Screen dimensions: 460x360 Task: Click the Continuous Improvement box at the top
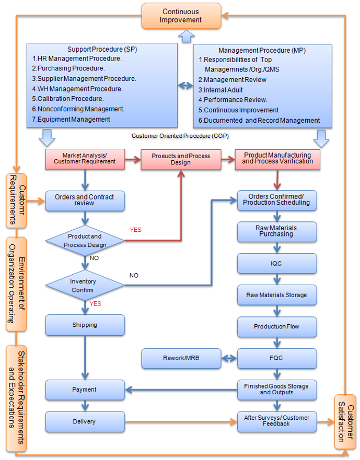[x=181, y=16]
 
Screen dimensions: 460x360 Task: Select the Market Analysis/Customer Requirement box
[x=85, y=159]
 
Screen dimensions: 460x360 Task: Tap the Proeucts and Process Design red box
[x=181, y=159]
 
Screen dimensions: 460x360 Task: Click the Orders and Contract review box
[x=85, y=200]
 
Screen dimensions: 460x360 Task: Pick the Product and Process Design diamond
[x=85, y=241]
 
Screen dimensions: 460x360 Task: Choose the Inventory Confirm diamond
[x=85, y=286]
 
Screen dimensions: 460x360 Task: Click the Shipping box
[x=85, y=325]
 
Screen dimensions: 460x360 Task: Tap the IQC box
[x=276, y=263]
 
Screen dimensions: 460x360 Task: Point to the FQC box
[x=276, y=358]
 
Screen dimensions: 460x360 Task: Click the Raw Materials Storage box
[x=276, y=295]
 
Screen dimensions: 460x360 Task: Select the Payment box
[x=85, y=390]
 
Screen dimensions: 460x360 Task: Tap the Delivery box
[x=85, y=421]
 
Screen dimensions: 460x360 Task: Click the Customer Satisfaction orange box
[x=345, y=421]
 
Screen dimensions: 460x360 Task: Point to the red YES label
[x=135, y=230]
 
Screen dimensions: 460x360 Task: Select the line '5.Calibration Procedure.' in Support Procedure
[x=68, y=98]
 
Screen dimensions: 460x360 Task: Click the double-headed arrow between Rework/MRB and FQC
[x=229, y=358]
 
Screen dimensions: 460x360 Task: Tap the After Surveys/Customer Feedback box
[x=276, y=421]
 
